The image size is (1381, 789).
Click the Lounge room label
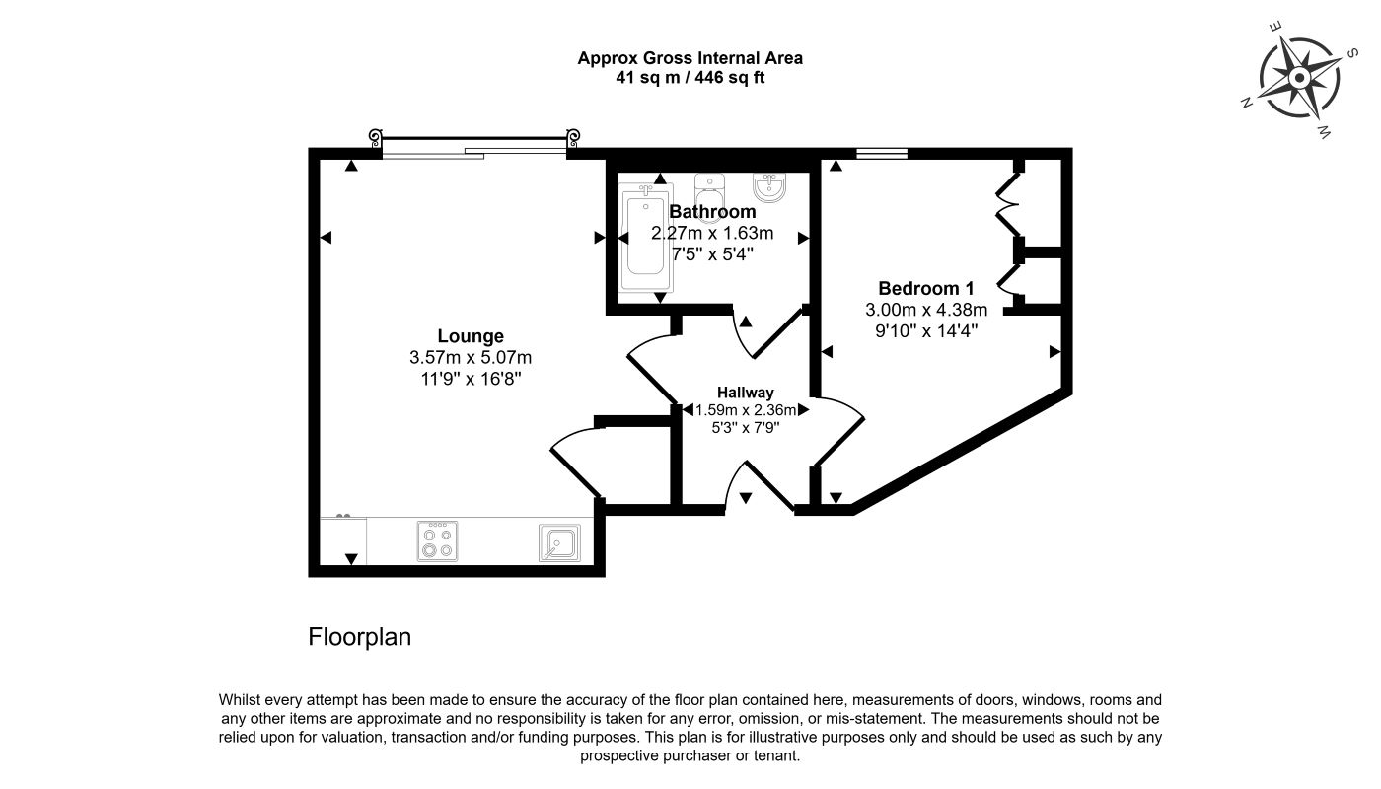coord(471,336)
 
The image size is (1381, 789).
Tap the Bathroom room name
coord(712,211)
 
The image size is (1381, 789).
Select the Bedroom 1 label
coord(926,288)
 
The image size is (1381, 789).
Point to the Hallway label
coord(746,393)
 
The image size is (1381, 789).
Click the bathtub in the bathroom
coord(645,238)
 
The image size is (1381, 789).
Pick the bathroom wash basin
coord(769,187)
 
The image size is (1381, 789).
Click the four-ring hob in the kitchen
coord(438,541)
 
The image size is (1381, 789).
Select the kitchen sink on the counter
coord(559,542)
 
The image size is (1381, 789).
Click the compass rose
coord(1299,78)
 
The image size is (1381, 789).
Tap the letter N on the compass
coord(1247,103)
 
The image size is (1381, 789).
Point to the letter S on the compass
coord(1351,53)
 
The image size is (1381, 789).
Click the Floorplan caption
coord(359,637)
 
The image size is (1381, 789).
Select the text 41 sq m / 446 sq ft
coord(690,78)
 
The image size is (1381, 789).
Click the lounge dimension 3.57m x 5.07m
coord(471,357)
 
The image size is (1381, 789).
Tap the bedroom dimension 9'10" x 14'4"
coord(926,331)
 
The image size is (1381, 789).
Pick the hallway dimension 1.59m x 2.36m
coord(746,410)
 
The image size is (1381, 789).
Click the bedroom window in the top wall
coord(882,154)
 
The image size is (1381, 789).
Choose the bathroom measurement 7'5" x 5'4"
coord(712,254)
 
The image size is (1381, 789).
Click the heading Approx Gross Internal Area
coord(690,58)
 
